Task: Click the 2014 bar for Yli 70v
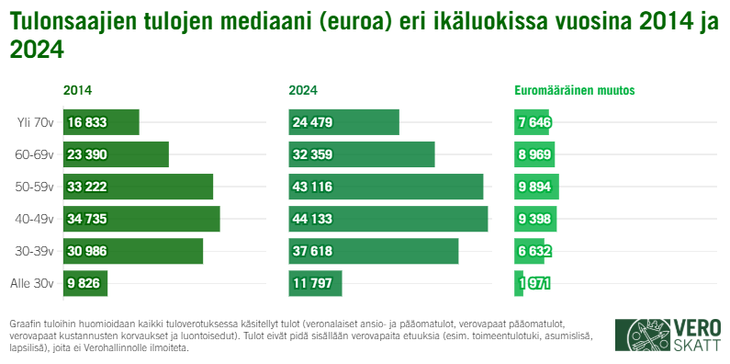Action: point(101,122)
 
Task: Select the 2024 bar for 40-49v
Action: point(387,219)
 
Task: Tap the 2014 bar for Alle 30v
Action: point(85,283)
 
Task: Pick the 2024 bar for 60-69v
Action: point(361,154)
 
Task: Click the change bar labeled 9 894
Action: point(536,187)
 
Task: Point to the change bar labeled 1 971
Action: point(519,283)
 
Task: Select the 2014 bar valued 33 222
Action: point(138,187)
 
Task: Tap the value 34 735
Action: point(87,219)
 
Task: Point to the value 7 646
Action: point(534,122)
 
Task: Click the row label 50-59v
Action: point(36,187)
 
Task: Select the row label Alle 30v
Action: point(32,283)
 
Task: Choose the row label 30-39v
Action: point(36,251)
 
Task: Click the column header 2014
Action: point(77,90)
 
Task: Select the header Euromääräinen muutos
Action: point(574,90)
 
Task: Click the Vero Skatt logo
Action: point(668,336)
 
